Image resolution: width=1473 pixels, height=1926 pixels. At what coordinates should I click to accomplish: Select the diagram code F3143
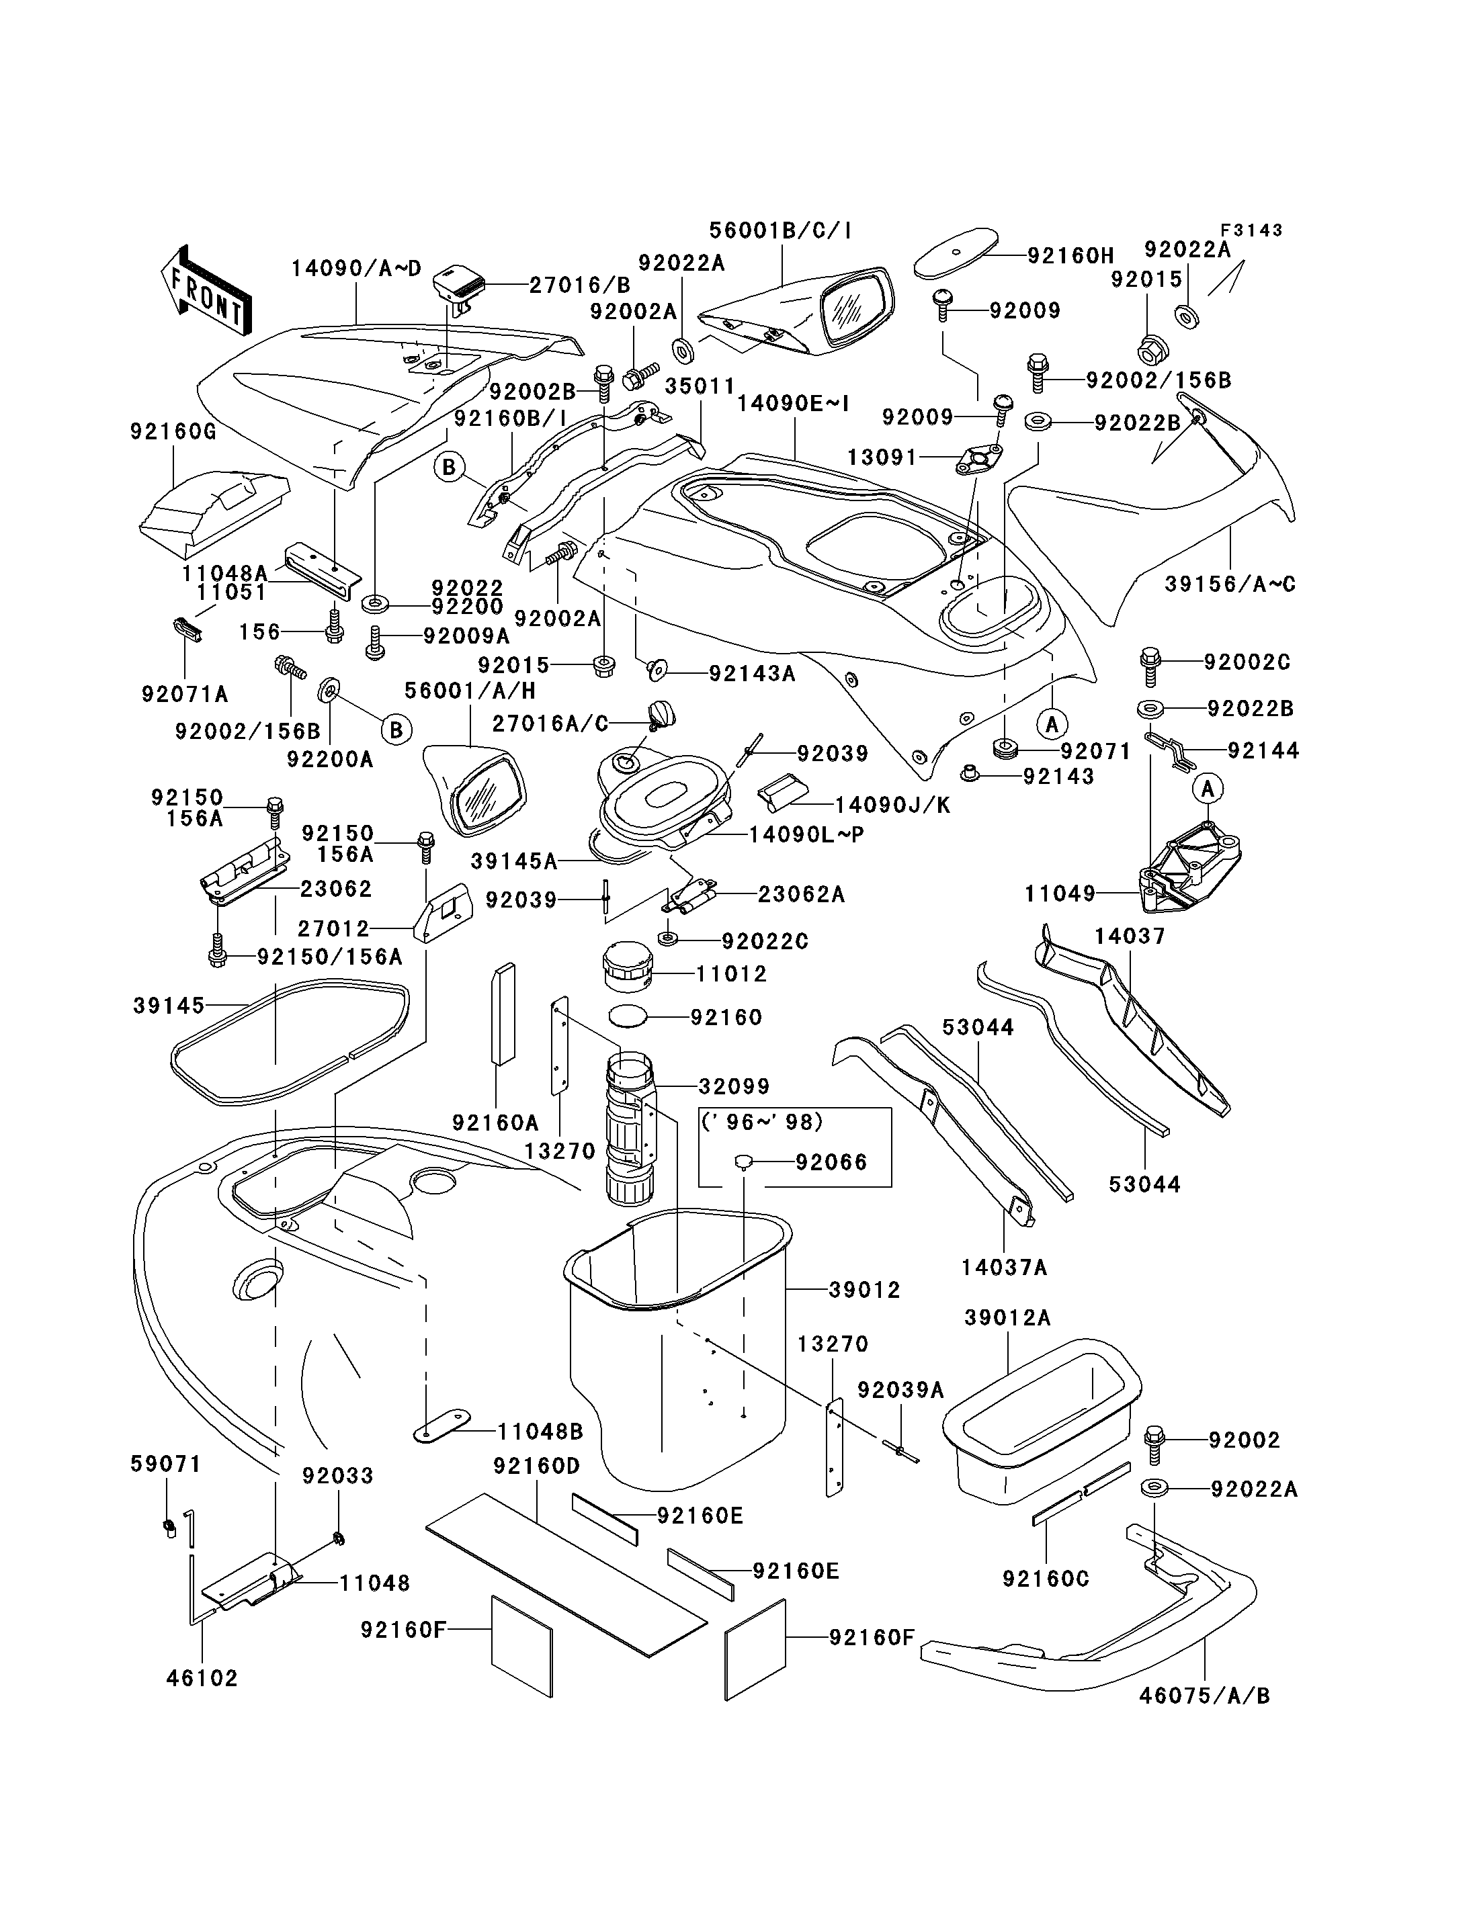pos(1252,230)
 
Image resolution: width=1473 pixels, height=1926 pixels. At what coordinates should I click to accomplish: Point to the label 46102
pos(202,1678)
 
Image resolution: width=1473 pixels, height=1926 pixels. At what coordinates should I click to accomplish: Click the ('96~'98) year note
pos(763,1121)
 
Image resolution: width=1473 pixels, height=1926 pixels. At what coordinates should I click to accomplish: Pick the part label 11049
pos(1060,893)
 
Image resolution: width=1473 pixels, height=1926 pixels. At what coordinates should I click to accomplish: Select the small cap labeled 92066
pos(743,1162)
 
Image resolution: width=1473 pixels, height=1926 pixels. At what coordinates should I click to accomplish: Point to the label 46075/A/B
pos(1205,1696)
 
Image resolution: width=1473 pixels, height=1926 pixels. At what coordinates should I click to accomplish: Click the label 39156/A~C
pos(1230,584)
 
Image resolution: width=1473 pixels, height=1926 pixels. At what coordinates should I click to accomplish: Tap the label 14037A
pos(1004,1267)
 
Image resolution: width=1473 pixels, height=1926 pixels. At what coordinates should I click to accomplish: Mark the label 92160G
pos(173,431)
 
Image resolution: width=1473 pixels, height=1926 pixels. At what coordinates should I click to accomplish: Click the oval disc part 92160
pos(628,1016)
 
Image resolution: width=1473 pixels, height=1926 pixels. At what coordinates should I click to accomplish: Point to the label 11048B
pos(540,1432)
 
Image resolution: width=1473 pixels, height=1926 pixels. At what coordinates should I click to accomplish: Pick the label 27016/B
pos(579,284)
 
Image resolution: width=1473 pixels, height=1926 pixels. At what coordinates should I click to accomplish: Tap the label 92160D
pos(537,1466)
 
